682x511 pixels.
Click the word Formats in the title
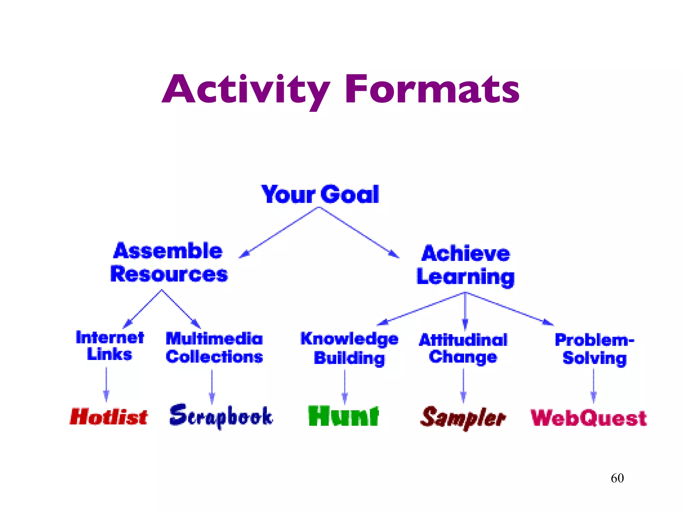(x=432, y=89)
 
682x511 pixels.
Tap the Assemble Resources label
(x=169, y=263)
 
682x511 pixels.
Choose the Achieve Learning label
(x=466, y=265)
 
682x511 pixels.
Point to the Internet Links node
(x=110, y=346)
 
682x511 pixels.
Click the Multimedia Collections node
(x=214, y=348)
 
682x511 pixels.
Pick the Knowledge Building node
(x=349, y=348)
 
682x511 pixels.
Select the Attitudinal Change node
(x=463, y=348)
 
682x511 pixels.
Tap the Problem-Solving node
(x=594, y=349)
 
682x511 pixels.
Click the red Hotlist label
(x=109, y=417)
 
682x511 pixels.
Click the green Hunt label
(x=343, y=416)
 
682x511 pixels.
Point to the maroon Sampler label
(x=463, y=418)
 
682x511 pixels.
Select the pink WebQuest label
(x=588, y=418)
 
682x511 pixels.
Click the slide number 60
(x=617, y=478)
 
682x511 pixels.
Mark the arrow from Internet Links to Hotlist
(x=106, y=384)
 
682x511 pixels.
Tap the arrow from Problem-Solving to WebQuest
(x=593, y=386)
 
